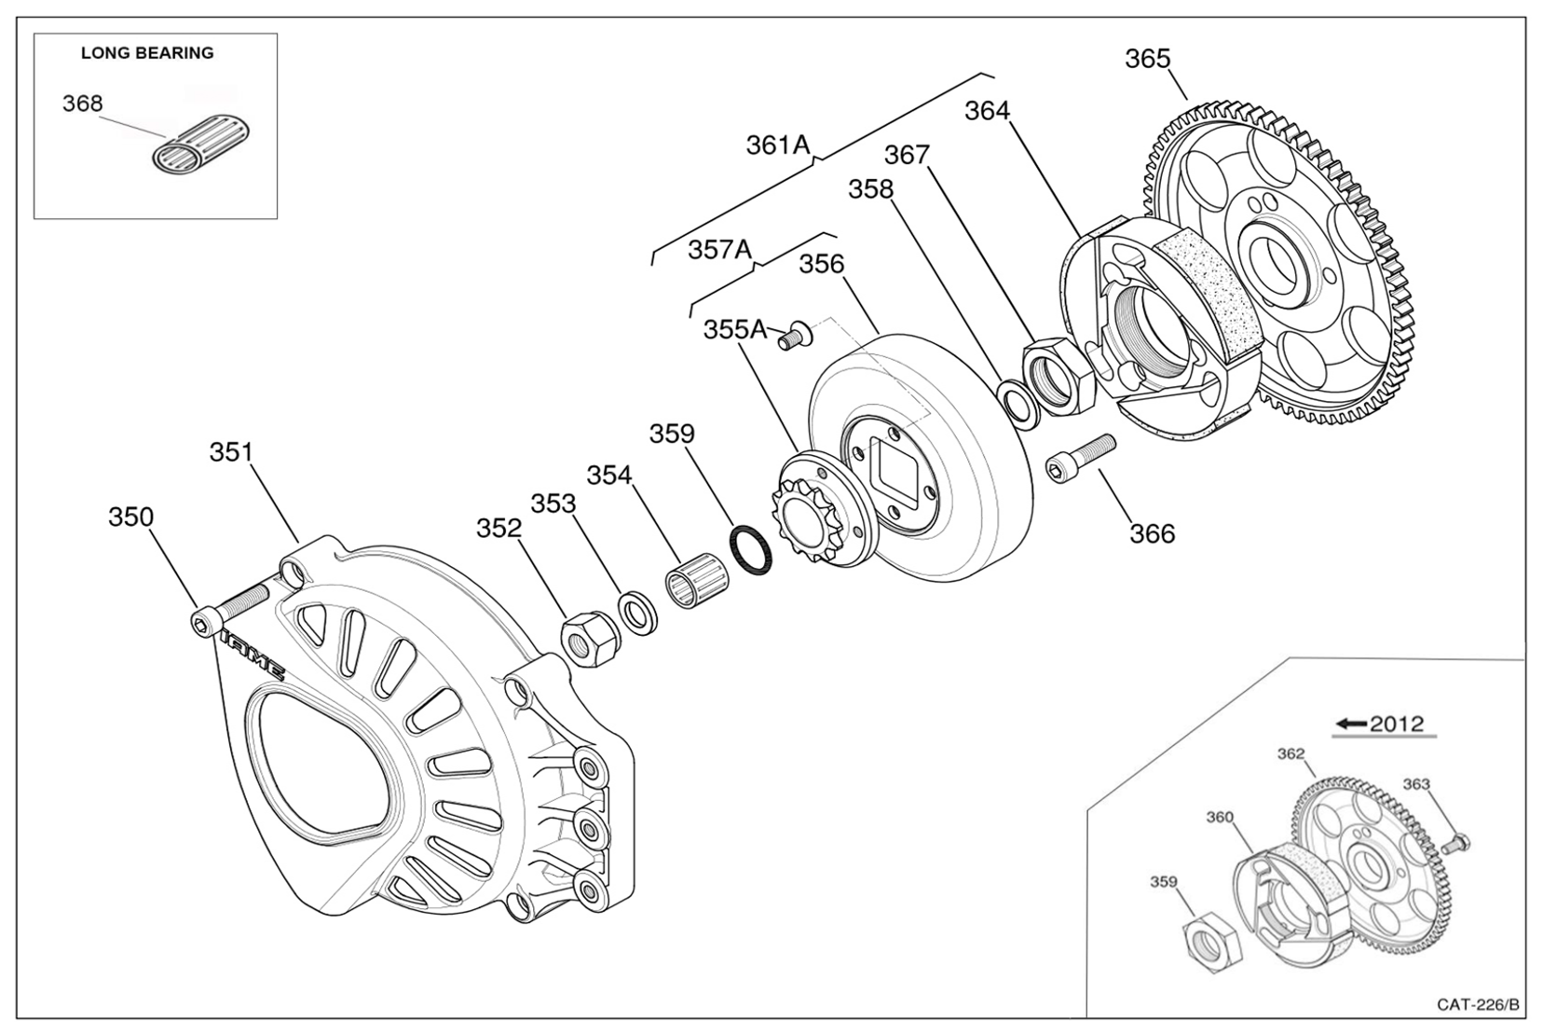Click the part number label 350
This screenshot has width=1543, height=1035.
click(x=130, y=517)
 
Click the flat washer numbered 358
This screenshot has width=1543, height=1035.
click(x=1019, y=401)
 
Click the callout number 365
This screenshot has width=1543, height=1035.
click(x=1147, y=59)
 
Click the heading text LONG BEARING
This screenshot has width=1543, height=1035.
click(x=147, y=53)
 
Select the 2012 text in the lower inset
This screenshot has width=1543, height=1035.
click(x=1397, y=724)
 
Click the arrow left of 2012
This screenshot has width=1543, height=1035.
click(x=1350, y=724)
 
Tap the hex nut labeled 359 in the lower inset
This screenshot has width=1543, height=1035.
click(x=1212, y=943)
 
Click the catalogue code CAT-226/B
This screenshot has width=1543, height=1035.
click(x=1478, y=1004)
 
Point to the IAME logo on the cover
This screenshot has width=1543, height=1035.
click(x=253, y=653)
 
